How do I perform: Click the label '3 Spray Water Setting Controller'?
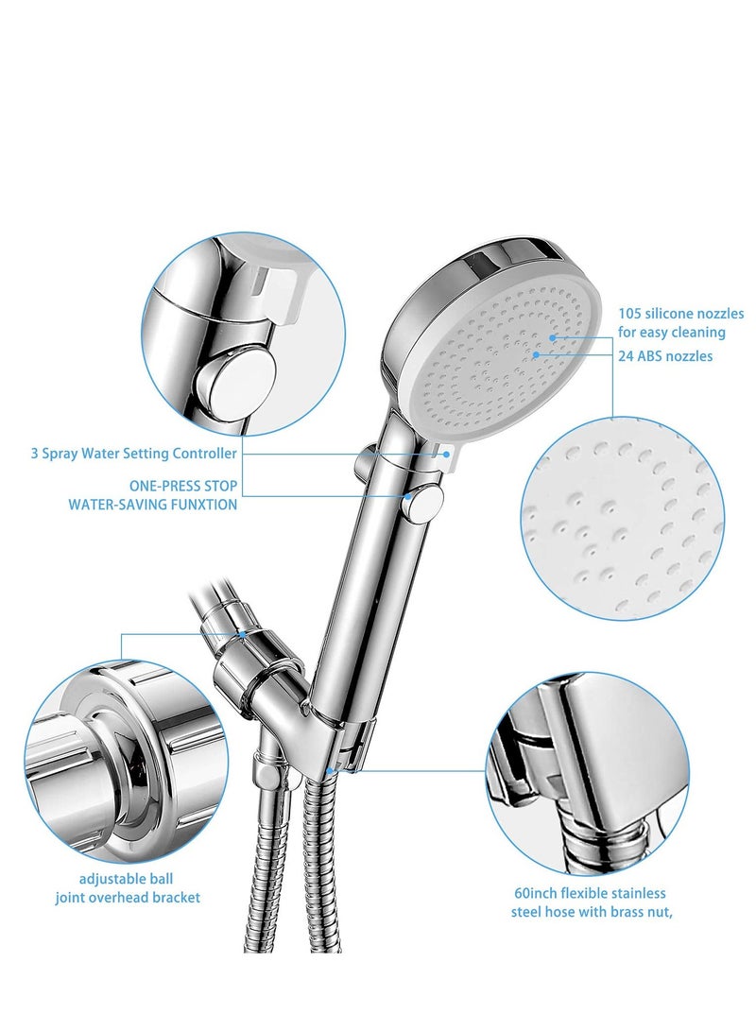(133, 454)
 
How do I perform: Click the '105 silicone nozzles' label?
(680, 314)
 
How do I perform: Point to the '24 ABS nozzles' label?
(665, 356)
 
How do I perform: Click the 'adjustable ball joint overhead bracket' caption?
(127, 887)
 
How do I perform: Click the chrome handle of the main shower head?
(373, 586)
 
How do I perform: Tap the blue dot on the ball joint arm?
(243, 634)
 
